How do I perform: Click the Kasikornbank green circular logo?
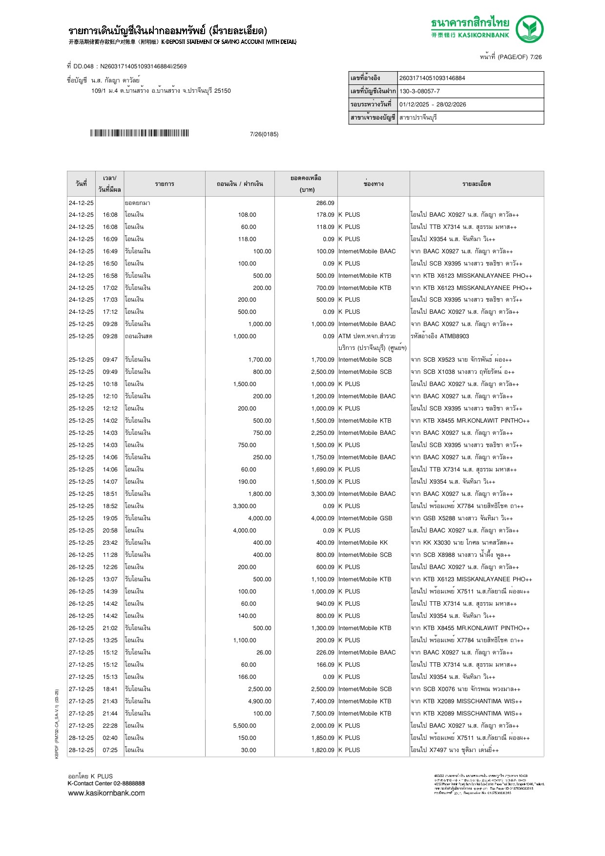(x=530, y=29)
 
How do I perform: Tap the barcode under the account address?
(x=139, y=133)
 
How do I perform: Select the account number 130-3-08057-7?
(x=419, y=91)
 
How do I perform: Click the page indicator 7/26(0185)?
(x=264, y=134)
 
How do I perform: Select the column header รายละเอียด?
(x=476, y=184)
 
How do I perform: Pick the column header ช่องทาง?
(x=374, y=184)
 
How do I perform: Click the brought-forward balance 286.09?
(x=325, y=203)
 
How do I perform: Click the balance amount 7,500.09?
(x=323, y=713)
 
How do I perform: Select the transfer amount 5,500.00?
(x=245, y=726)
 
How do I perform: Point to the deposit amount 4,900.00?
(x=260, y=701)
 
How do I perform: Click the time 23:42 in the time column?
(x=110, y=543)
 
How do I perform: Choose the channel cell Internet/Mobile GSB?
(x=365, y=518)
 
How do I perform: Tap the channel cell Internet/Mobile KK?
(x=363, y=543)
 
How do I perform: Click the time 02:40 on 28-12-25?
(x=110, y=738)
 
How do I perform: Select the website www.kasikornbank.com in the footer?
(x=106, y=793)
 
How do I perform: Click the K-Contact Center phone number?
(x=128, y=783)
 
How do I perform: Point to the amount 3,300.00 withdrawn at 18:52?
(x=245, y=506)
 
